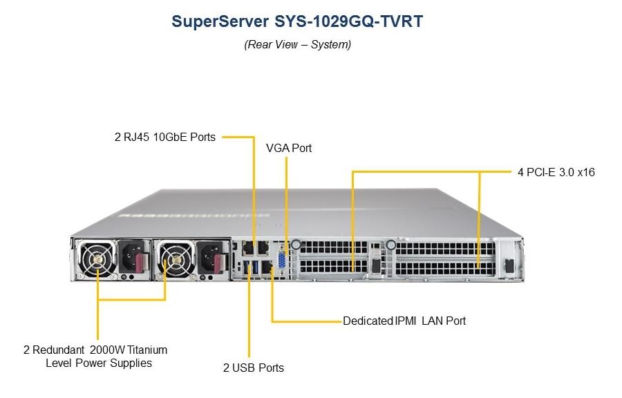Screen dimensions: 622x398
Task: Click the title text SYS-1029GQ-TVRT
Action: click(x=349, y=21)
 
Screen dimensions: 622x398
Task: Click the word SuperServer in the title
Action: click(x=220, y=21)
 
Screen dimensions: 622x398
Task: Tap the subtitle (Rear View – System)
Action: click(x=297, y=44)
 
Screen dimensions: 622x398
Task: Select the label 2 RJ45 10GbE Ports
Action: click(x=165, y=138)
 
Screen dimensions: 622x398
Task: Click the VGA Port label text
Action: click(x=289, y=149)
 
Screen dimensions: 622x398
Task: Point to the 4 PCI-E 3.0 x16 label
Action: click(x=556, y=172)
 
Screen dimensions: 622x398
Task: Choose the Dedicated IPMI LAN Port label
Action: click(x=404, y=321)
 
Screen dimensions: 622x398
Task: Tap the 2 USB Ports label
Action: click(x=254, y=368)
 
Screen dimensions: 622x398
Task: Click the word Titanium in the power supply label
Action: click(x=147, y=350)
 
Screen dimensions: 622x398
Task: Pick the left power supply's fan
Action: click(x=97, y=259)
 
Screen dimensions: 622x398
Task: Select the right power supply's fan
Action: click(x=176, y=259)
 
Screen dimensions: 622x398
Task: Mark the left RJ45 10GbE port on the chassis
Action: click(x=248, y=248)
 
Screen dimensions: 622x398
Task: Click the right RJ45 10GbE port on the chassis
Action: click(x=263, y=248)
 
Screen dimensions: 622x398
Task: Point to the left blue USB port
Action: click(x=246, y=267)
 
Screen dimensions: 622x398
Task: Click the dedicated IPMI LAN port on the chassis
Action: click(x=267, y=267)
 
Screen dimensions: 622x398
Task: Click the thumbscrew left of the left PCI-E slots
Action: click(x=296, y=245)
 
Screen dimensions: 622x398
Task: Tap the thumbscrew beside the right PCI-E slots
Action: click(x=390, y=245)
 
